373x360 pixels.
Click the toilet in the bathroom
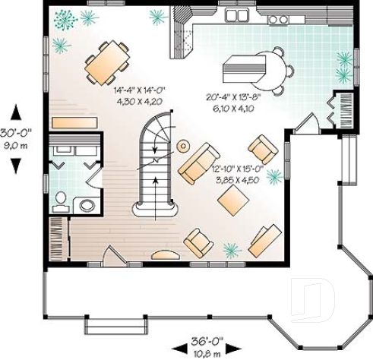click(x=61, y=199)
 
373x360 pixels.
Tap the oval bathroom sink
click(x=87, y=204)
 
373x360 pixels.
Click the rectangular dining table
click(x=106, y=62)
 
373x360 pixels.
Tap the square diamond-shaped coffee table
click(x=233, y=198)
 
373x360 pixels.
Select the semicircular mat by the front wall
click(x=166, y=255)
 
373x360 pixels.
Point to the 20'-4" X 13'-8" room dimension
click(x=234, y=97)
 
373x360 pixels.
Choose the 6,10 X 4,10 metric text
click(x=234, y=109)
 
